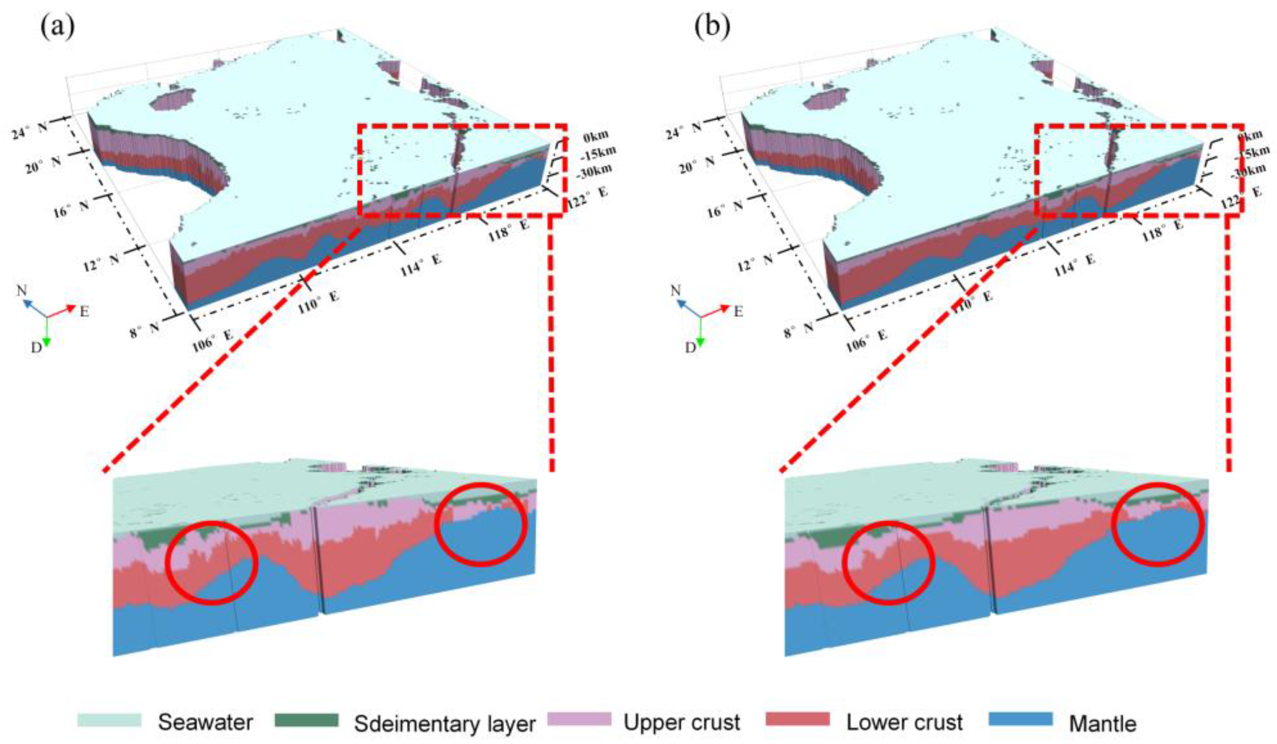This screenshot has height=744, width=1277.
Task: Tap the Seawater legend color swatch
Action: point(109,720)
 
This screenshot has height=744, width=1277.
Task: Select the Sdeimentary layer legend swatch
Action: point(306,720)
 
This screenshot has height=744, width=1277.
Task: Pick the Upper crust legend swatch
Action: point(579,719)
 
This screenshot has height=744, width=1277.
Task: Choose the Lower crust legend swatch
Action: point(797,719)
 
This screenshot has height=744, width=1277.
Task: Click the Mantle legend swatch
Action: point(1020,719)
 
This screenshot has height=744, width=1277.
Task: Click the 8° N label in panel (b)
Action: point(797,332)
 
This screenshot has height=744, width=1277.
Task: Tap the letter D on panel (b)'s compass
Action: point(691,348)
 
